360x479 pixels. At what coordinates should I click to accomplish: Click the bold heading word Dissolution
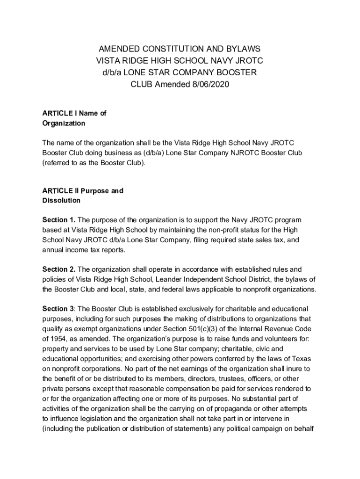(61, 201)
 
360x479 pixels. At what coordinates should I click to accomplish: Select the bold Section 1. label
(59, 220)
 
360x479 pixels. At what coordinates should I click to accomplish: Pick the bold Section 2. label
(59, 269)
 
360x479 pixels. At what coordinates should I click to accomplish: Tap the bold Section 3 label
(58, 309)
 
